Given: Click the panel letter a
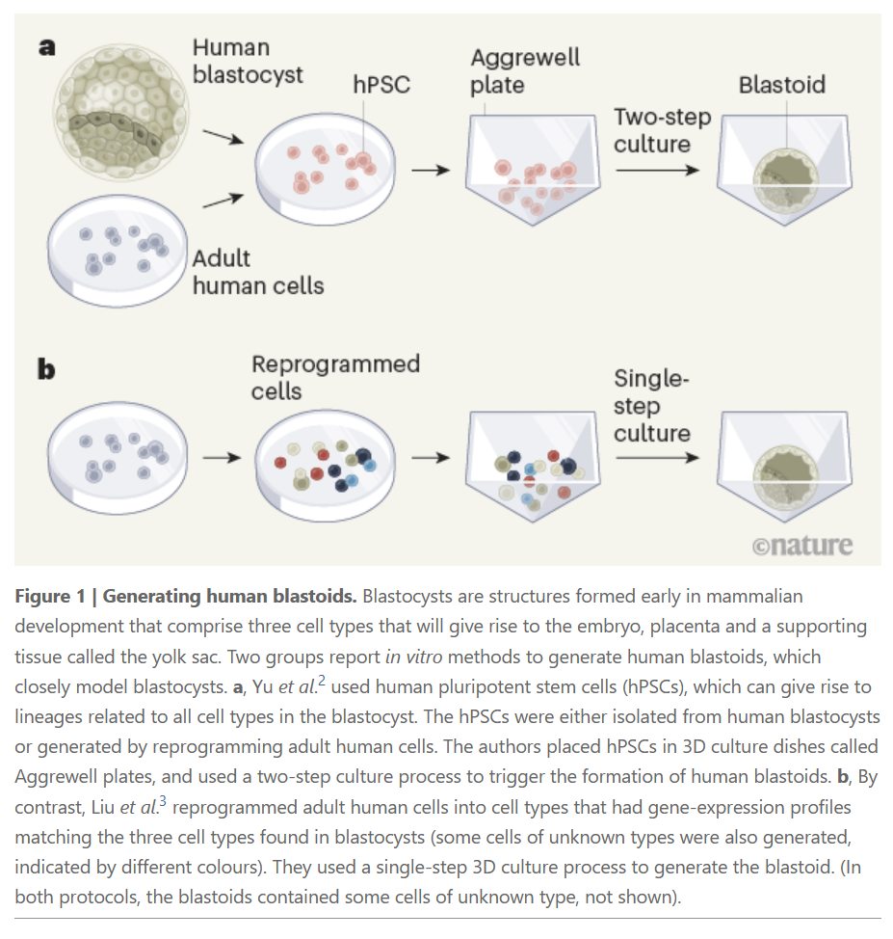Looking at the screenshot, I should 46,45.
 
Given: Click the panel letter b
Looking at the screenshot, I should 46,368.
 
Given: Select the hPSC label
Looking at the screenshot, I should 381,84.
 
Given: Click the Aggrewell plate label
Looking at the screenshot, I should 524,69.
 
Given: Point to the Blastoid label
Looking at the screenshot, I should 781,85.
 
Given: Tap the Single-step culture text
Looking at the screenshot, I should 652,406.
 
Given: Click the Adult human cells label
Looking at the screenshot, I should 257,272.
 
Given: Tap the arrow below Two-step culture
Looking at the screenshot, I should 658,170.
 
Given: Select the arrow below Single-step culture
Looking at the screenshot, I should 658,457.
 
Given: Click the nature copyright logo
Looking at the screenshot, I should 801,545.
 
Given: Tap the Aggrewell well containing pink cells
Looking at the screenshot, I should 533,174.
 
